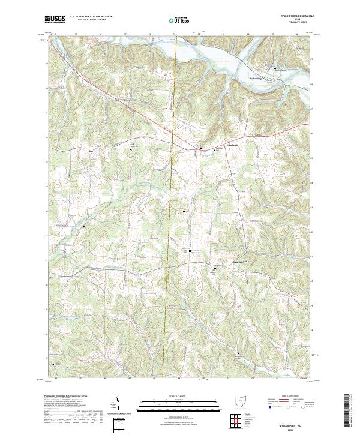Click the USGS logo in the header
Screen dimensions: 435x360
(55, 19)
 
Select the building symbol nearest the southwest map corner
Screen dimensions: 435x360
(55, 364)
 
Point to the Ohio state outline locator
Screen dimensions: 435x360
(241, 401)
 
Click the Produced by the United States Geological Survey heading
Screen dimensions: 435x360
(67, 398)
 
